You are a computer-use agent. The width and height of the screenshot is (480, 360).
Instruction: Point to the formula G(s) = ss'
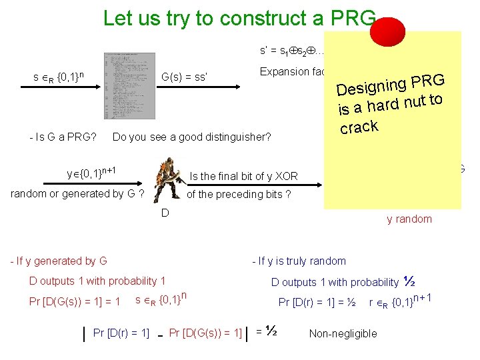[185, 78]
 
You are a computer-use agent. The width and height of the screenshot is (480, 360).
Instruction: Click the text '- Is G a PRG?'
[63, 138]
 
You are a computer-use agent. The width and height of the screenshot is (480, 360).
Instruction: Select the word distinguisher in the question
[234, 138]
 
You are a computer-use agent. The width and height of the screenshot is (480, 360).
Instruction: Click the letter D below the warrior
[165, 213]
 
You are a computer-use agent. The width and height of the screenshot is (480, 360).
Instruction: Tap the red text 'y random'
[409, 219]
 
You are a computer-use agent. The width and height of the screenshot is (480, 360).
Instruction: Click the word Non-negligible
[343, 333]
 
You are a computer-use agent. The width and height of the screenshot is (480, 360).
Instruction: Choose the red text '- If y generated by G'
[59, 261]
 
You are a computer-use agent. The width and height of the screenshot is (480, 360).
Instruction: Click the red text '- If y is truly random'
[299, 261]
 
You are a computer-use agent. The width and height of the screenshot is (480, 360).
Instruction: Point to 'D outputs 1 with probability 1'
[97, 281]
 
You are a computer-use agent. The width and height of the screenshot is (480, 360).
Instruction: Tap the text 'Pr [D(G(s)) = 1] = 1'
[75, 302]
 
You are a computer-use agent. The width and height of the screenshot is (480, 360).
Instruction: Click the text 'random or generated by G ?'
[78, 194]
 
